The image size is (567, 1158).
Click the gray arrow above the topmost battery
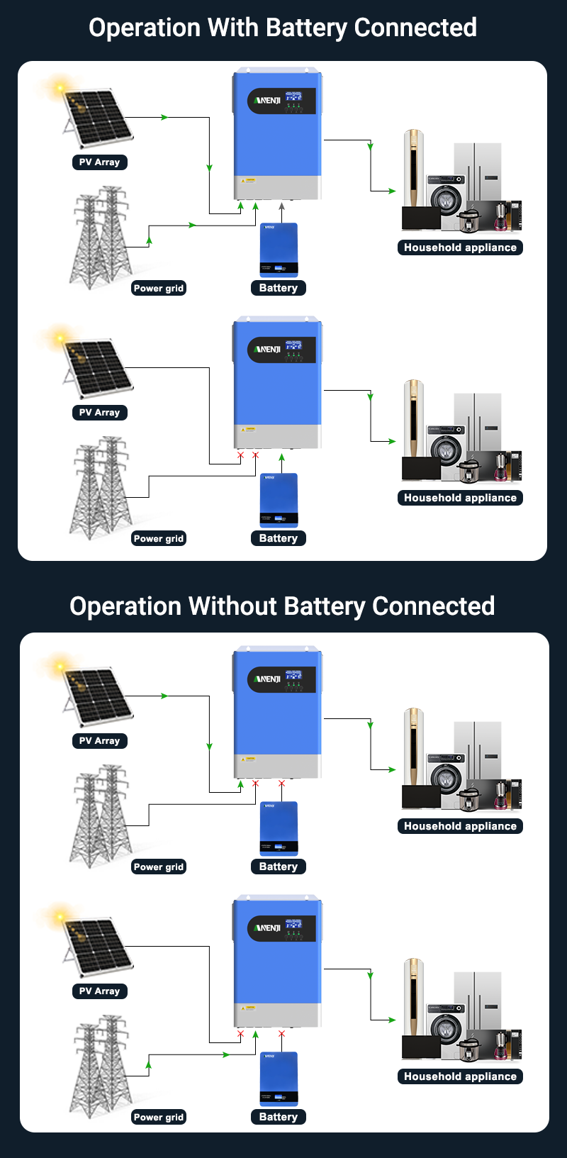tap(281, 206)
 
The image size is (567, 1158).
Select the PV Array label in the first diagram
tap(99, 162)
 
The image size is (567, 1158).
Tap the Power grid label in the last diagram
tap(159, 1117)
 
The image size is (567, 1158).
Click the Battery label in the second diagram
tap(278, 538)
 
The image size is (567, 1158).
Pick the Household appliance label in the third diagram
tap(460, 826)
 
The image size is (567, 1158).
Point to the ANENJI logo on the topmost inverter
tap(267, 101)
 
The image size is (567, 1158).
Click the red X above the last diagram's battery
tap(281, 1034)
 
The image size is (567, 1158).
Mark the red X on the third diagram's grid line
tap(255, 784)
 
